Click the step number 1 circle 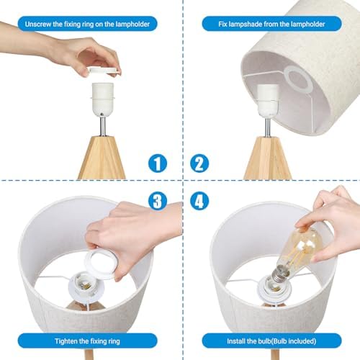point(158,163)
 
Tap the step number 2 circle point(200,163)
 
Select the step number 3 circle point(158,202)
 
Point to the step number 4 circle point(200,202)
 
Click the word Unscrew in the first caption point(40,24)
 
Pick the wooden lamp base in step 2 point(266,158)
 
